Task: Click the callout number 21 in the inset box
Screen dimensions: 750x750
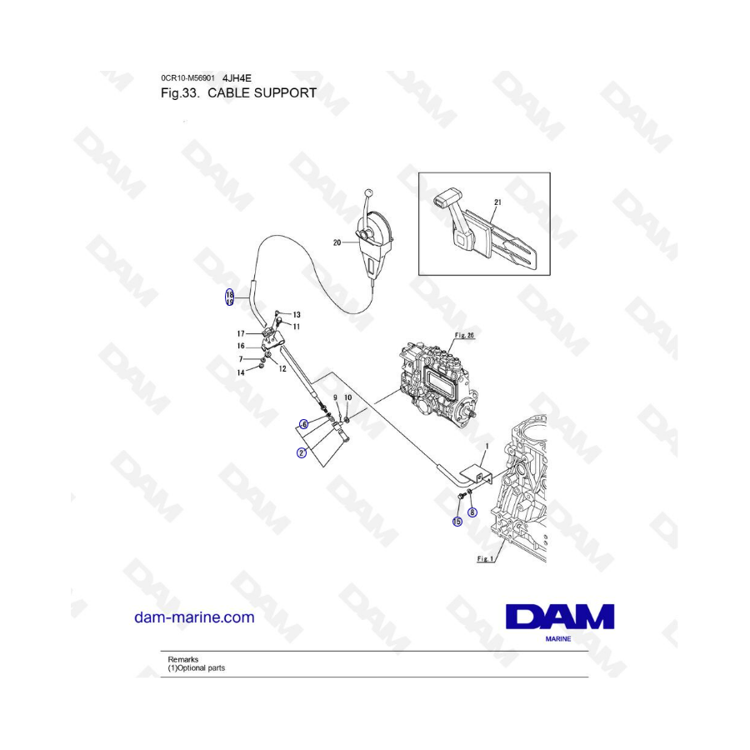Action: (x=497, y=202)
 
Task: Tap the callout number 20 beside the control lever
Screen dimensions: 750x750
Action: (x=337, y=242)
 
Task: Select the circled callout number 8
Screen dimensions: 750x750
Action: (x=472, y=512)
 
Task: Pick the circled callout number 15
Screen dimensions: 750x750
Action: (x=457, y=521)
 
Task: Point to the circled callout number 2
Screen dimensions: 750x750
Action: (x=302, y=452)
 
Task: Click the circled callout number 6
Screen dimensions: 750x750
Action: (x=303, y=424)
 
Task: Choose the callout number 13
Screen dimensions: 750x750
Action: (x=297, y=315)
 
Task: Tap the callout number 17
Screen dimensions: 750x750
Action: (x=241, y=333)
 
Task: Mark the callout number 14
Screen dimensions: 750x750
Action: (x=241, y=372)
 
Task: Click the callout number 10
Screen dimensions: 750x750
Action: (x=347, y=397)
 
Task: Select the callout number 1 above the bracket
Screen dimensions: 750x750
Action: (x=487, y=447)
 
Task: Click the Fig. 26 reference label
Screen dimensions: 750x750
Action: (x=464, y=335)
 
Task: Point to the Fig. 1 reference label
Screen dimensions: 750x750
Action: (x=485, y=558)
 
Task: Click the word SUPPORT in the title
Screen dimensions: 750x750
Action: (x=285, y=92)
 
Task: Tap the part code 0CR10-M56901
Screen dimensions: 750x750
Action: (x=188, y=77)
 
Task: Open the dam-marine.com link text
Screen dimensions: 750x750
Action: (x=194, y=617)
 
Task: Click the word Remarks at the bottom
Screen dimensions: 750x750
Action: (x=182, y=659)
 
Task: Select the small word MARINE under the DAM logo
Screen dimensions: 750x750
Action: (x=558, y=638)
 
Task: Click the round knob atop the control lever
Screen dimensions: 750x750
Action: (x=368, y=193)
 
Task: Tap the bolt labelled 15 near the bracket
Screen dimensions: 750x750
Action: (x=461, y=497)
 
